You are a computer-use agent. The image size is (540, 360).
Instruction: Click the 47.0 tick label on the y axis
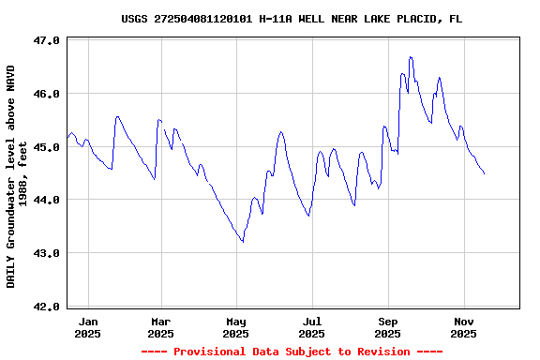coord(47,41)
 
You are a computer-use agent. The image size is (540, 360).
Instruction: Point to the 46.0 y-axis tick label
coord(47,94)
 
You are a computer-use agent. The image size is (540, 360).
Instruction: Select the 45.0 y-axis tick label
coord(47,147)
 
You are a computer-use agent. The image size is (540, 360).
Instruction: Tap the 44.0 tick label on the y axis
coord(47,200)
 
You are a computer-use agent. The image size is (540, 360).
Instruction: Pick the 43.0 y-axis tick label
coord(47,253)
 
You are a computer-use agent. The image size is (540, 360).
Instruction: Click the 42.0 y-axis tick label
coord(47,307)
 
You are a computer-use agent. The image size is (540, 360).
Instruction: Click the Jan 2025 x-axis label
coord(87,327)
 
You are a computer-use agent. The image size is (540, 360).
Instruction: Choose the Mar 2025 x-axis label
coord(160,327)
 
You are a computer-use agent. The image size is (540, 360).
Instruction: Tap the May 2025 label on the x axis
coord(236,327)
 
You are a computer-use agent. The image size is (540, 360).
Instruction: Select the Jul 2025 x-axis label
coord(312,327)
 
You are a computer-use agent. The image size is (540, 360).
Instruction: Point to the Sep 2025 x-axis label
coord(387,327)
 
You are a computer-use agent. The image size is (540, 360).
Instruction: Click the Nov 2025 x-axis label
coord(463,327)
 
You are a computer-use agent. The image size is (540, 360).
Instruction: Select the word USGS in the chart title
coord(135,19)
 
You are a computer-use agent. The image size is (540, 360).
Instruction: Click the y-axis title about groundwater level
coord(17,176)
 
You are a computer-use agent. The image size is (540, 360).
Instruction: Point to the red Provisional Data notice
coord(292,352)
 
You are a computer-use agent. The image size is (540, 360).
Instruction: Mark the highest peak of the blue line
coord(410,57)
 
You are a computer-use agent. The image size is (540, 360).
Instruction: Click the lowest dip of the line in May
coord(243,242)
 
